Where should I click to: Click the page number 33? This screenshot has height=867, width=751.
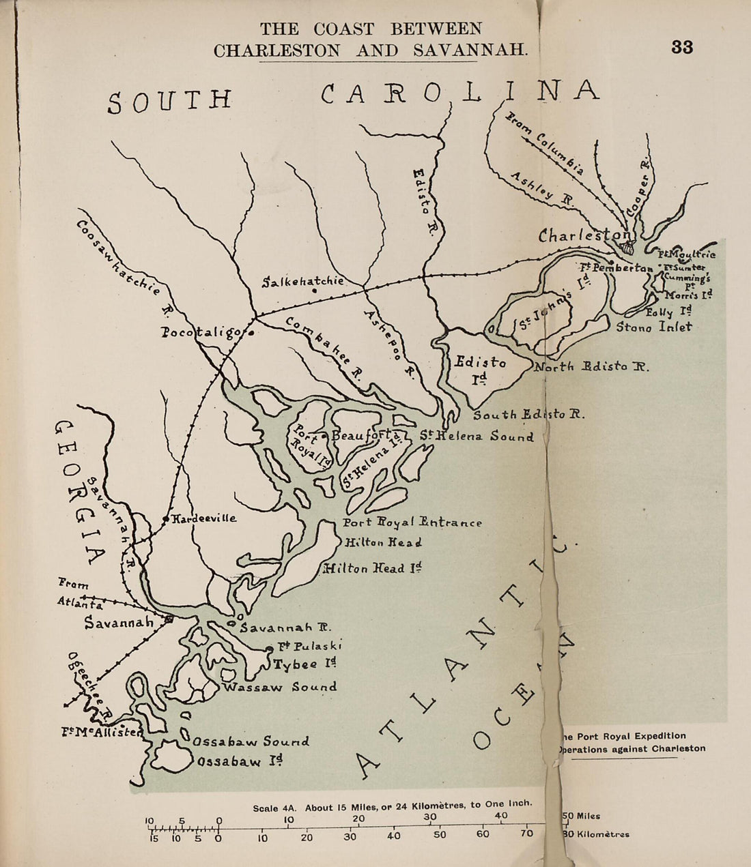681,47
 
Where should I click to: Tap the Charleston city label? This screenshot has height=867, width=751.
584,236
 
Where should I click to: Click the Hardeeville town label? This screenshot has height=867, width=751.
203,518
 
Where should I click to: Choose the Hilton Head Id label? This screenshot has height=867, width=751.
373,568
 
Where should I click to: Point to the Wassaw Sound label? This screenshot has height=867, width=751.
280,687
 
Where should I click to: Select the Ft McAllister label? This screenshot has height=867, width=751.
102,733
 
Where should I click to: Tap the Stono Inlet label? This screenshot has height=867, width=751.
654,327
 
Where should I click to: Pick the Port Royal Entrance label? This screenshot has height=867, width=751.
412,523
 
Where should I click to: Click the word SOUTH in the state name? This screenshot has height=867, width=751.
170,100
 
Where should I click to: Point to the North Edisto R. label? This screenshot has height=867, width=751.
591,366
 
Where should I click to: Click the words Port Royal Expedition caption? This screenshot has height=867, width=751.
632,736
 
